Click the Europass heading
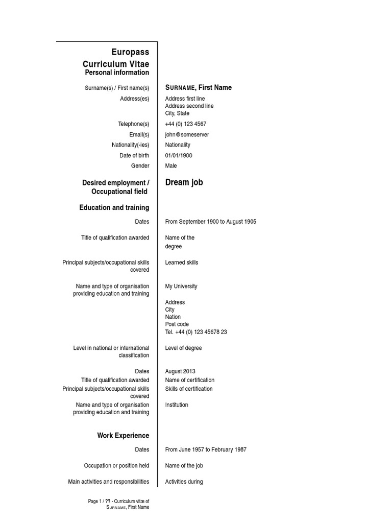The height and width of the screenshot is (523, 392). (131, 52)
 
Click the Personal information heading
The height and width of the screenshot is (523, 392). (117, 73)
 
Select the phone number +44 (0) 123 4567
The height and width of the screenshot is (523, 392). (186, 124)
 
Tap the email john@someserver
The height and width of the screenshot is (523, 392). (187, 135)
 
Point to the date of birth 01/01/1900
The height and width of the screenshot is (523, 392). (179, 156)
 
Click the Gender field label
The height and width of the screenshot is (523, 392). (140, 166)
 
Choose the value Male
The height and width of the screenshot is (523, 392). (171, 166)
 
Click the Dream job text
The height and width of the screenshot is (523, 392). (184, 182)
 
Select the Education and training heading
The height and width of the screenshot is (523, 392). (114, 207)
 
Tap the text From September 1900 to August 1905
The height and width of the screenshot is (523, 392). (211, 222)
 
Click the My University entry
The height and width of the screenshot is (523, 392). (181, 287)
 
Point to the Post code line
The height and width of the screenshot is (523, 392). (177, 324)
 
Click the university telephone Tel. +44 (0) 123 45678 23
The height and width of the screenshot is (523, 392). (196, 332)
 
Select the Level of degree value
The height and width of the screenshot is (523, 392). (183, 348)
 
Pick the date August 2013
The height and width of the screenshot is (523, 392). (180, 372)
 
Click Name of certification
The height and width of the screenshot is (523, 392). (190, 381)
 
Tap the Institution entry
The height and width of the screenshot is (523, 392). (177, 405)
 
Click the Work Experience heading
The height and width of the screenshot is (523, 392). (123, 436)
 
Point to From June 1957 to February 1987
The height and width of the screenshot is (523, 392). (206, 450)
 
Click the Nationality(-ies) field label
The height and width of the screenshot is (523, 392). (131, 145)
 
